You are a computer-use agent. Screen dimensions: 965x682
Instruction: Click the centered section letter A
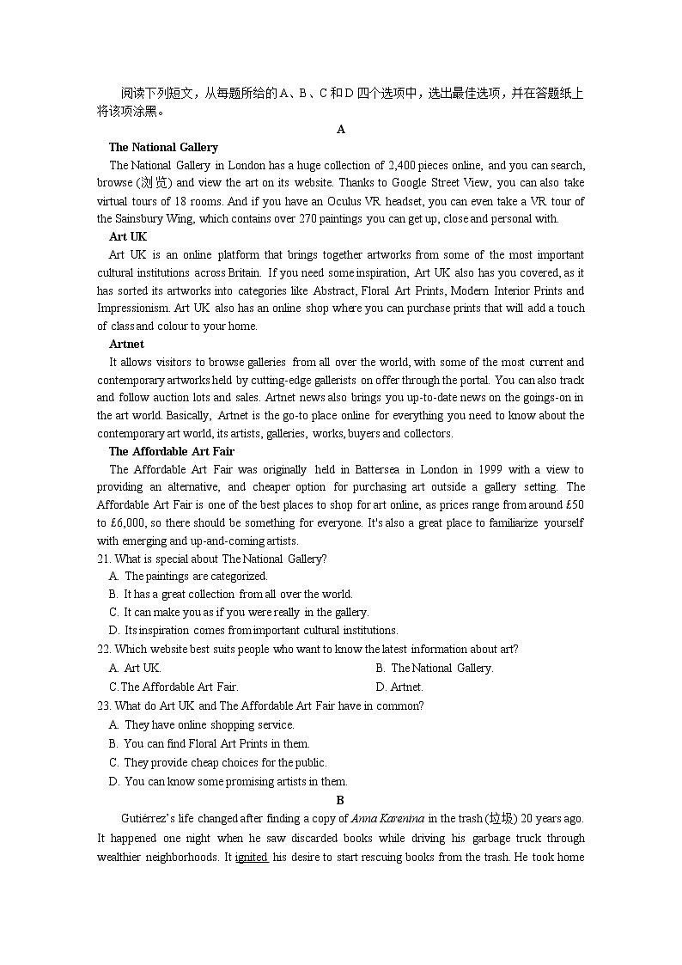tap(341, 130)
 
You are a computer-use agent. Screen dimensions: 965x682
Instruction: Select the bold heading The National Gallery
tap(163, 147)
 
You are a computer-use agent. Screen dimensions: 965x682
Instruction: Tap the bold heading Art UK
tap(128, 236)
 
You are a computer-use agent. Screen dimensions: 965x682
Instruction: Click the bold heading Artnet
tap(126, 344)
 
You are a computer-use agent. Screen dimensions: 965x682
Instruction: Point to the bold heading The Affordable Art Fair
tap(171, 451)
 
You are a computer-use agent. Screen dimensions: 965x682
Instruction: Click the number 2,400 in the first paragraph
tap(402, 165)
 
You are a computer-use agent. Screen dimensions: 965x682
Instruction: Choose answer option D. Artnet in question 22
tap(399, 687)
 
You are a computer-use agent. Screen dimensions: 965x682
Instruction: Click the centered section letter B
tap(340, 800)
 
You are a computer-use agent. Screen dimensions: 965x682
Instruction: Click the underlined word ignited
tap(252, 858)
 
